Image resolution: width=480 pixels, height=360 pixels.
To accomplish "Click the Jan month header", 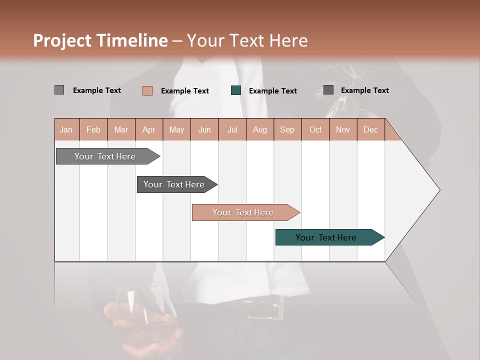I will (x=66, y=129).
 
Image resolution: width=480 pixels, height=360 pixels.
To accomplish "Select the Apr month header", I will (x=149, y=129).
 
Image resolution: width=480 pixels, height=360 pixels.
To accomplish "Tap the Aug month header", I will (x=259, y=129).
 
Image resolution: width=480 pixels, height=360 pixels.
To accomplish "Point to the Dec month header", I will (x=370, y=129).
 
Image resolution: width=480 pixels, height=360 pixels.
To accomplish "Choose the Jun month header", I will (x=204, y=129).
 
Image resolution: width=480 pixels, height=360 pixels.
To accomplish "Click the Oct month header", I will (x=315, y=129).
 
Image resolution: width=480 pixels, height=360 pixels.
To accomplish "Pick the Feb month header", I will (x=93, y=129).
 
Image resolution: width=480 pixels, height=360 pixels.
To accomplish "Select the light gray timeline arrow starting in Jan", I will (x=105, y=156).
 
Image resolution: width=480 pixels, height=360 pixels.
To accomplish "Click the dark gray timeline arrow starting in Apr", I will (x=174, y=184).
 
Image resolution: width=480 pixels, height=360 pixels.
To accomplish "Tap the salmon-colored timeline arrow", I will (x=243, y=212).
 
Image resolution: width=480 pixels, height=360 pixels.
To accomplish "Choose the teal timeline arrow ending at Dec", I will (x=326, y=237).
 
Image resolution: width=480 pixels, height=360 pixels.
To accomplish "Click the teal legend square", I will (x=236, y=90).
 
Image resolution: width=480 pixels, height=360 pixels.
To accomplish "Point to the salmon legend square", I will (x=147, y=90).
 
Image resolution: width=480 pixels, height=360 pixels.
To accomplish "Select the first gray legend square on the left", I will (x=59, y=90).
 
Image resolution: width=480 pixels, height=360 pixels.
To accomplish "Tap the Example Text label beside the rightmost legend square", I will (x=364, y=90).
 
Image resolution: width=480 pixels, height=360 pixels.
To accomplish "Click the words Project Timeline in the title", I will (x=100, y=40).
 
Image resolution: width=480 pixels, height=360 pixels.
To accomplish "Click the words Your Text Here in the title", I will (x=247, y=40).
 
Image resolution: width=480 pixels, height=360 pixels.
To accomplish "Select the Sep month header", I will (x=287, y=129).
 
